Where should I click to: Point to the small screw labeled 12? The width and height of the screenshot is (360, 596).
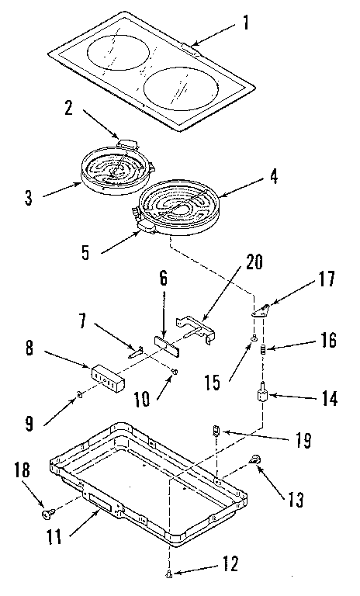click(x=169, y=575)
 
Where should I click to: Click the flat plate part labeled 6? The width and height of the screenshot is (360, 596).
click(x=168, y=344)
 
